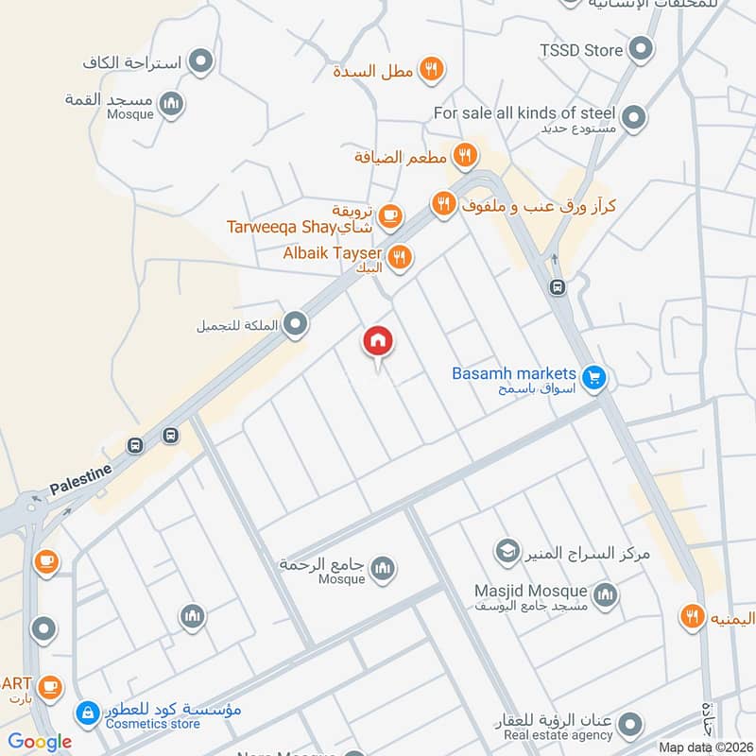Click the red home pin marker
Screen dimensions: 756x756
coord(378,342)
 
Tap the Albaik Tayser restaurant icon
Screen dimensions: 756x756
coord(400,256)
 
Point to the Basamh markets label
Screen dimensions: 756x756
coord(513,373)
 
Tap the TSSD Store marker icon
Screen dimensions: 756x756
coord(642,49)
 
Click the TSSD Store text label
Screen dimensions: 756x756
coord(581,50)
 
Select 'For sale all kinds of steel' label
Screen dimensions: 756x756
coord(524,112)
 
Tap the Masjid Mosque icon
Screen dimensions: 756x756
coord(606,595)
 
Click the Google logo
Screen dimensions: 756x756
coord(41,741)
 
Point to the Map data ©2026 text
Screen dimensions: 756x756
coord(703,747)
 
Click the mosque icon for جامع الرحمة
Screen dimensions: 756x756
coord(383,569)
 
